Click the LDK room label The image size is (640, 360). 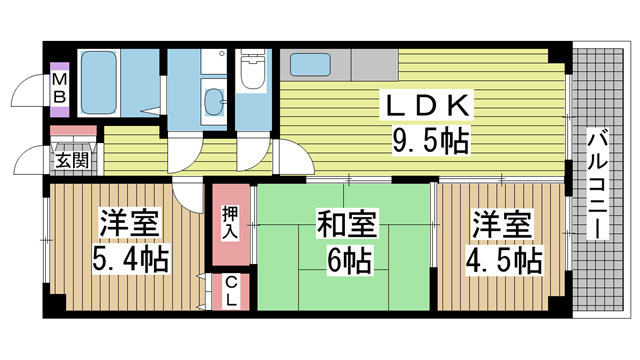427,106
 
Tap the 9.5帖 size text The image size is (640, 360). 431,140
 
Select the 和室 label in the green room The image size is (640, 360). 346,224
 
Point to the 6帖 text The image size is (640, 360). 349,260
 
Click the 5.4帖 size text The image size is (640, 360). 131,260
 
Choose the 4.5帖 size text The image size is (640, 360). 504,260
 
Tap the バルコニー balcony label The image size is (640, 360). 598,183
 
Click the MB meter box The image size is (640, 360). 60,89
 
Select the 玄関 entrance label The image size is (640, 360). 72,160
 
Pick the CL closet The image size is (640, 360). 231,291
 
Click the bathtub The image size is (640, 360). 99,82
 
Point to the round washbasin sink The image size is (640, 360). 213,99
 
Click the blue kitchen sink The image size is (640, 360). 310,64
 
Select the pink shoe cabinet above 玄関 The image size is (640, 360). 73,131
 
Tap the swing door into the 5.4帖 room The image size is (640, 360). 188,196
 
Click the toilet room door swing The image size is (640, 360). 253,154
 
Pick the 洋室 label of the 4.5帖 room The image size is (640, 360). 502,224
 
